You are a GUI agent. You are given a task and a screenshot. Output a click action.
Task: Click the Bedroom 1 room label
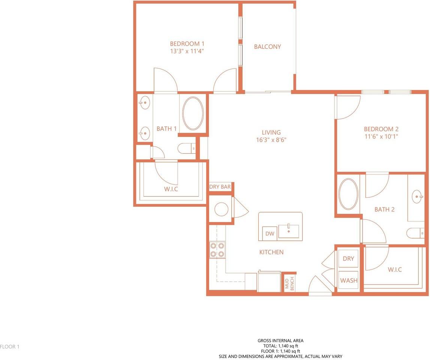pos(187,43)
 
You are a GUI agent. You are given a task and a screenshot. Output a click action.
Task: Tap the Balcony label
pos(267,46)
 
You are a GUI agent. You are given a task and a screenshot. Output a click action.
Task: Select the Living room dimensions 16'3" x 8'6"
pos(271,140)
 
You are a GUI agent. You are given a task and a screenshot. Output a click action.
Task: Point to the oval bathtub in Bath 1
pos(193,113)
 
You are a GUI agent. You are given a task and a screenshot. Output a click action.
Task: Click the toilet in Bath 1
pos(187,149)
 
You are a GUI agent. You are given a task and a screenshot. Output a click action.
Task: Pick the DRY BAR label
pos(220,187)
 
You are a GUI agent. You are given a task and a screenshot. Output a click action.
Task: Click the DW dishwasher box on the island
pos(270,234)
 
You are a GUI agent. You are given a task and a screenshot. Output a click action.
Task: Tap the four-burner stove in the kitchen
pos(217,250)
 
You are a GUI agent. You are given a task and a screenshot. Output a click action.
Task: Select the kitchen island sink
pos(289,231)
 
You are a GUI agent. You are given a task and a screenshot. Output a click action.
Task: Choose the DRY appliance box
pos(348,258)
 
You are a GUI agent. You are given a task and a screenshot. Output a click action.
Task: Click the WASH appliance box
pos(348,280)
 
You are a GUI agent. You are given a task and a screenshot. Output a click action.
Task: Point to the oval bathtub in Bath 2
pos(349,194)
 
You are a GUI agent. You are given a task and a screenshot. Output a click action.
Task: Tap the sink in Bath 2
pos(417,196)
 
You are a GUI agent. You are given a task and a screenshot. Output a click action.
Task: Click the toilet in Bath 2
pos(415,233)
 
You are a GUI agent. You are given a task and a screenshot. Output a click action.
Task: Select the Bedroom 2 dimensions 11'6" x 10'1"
pos(381,136)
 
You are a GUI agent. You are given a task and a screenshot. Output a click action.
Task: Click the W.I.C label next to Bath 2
pos(395,270)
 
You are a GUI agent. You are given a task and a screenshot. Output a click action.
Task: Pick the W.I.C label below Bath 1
pos(171,189)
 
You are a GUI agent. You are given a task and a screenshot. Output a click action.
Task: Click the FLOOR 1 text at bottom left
pos(10,346)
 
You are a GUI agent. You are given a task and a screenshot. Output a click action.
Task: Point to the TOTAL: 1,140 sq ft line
pos(280,346)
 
